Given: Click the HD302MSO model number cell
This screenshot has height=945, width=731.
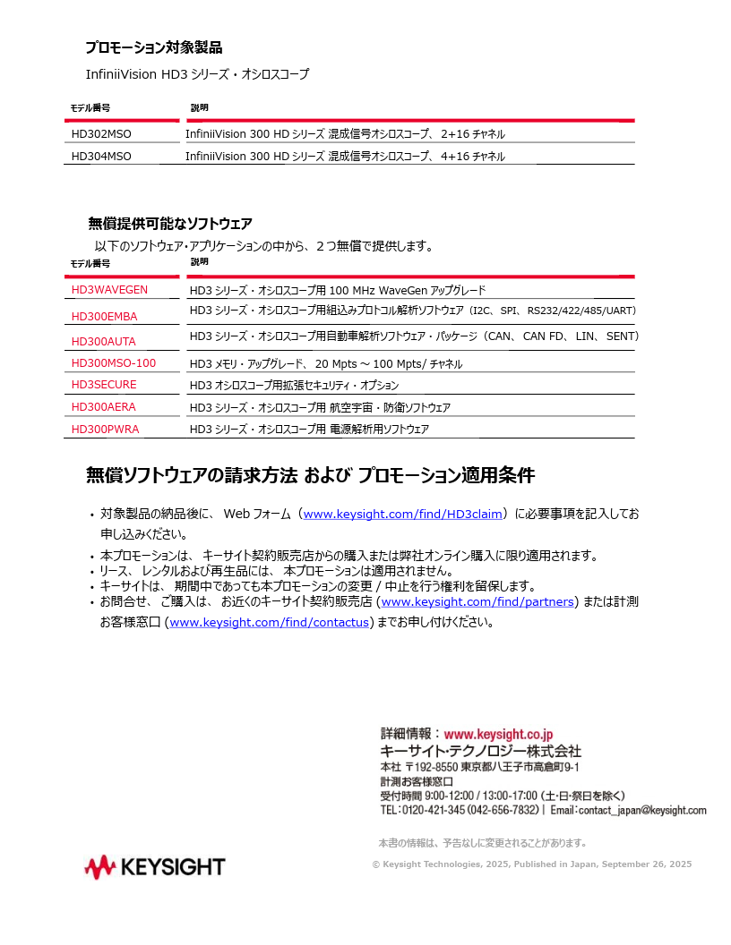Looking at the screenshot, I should [101, 134].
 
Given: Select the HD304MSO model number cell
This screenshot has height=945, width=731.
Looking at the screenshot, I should [101, 157].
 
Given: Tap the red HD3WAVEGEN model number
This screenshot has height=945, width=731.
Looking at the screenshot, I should [109, 290].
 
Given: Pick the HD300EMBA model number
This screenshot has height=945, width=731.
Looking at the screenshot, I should [104, 316].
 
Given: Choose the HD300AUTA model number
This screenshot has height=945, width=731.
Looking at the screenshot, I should [104, 341].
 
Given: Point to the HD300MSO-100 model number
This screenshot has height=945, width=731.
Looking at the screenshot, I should [114, 363].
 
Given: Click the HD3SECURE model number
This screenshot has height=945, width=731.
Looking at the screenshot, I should [104, 385].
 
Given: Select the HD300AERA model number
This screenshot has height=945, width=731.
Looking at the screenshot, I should [104, 407].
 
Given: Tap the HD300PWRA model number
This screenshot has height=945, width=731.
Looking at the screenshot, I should [105, 430].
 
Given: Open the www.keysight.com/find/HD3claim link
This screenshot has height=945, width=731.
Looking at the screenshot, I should [402, 515].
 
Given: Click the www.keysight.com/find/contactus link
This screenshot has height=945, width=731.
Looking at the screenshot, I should [269, 623].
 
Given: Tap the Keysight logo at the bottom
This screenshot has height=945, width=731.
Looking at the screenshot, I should [155, 867].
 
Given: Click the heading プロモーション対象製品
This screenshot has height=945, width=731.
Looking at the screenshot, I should [153, 47].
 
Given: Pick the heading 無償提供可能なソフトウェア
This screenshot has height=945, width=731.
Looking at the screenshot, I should [170, 224].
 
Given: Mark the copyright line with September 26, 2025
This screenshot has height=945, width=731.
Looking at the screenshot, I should [531, 864].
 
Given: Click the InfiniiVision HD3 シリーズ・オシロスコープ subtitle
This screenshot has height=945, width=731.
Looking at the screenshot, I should [197, 74].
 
